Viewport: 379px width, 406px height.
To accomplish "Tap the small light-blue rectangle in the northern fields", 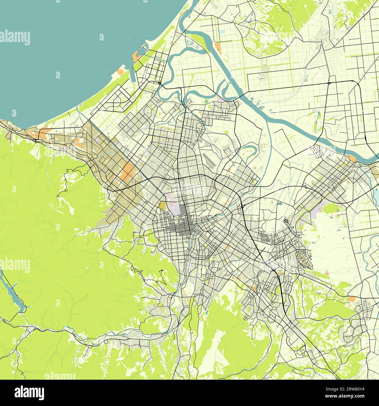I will (222, 31).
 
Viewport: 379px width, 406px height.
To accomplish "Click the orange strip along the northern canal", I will (218, 48).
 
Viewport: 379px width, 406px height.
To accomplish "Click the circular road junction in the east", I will (287, 221).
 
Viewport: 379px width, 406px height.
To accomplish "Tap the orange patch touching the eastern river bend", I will (352, 159).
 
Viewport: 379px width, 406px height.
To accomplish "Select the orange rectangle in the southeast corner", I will (352, 299).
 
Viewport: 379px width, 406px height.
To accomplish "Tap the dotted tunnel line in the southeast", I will (335, 300).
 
